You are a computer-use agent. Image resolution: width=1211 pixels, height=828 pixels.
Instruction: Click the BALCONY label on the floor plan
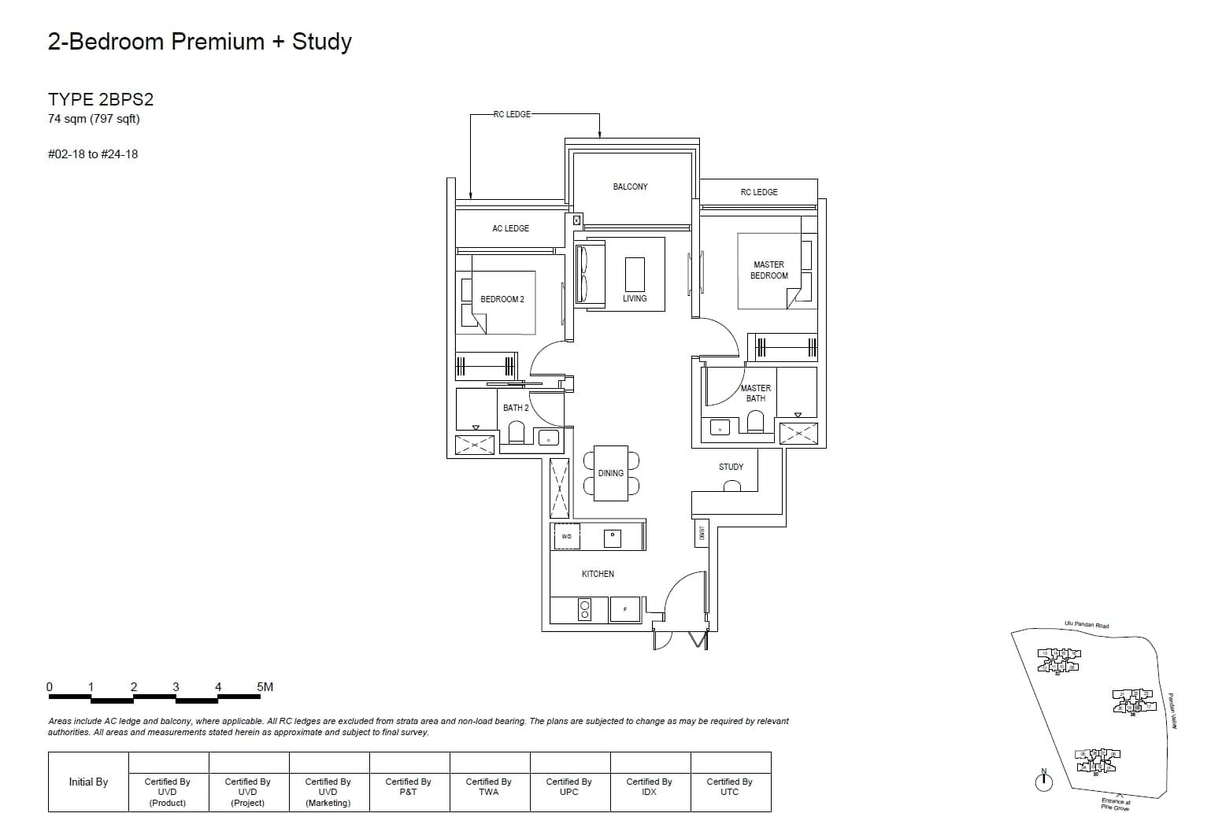tap(630, 187)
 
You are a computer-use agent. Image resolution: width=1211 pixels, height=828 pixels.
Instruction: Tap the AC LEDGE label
tap(510, 228)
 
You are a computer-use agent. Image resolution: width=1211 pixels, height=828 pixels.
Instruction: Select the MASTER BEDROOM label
tap(768, 270)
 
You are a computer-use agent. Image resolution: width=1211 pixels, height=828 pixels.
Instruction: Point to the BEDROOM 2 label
tap(502, 299)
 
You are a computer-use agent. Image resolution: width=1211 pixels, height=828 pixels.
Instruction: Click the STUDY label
tap(731, 467)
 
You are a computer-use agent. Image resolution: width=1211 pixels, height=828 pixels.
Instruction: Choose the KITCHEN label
tap(598, 574)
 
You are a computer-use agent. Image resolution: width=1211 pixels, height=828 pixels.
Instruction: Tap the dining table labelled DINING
tap(611, 473)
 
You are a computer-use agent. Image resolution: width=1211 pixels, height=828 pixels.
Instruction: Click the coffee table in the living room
tap(635, 274)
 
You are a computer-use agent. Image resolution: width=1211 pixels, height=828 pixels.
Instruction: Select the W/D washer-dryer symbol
tap(566, 537)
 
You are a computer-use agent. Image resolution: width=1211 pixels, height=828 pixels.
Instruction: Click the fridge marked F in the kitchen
tap(625, 610)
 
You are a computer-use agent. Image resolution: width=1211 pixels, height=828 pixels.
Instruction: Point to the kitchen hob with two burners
tap(585, 610)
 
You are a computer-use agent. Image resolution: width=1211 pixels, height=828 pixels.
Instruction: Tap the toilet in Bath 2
tap(517, 434)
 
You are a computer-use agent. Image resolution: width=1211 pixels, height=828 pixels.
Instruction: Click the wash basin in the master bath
tap(720, 428)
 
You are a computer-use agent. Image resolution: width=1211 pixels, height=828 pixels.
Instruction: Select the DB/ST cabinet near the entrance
tap(702, 533)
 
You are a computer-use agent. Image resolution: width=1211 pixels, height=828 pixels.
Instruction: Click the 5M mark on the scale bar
tap(265, 687)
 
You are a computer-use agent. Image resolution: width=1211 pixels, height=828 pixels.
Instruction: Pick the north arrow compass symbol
tap(1043, 781)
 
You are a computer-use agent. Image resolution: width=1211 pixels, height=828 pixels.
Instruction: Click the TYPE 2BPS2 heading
tap(101, 99)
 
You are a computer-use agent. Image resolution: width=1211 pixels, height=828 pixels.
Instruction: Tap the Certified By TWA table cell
tap(488, 787)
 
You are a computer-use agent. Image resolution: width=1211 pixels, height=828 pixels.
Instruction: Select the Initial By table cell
tap(88, 782)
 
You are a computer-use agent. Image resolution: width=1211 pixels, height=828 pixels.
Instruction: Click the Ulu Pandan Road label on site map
tap(1086, 625)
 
